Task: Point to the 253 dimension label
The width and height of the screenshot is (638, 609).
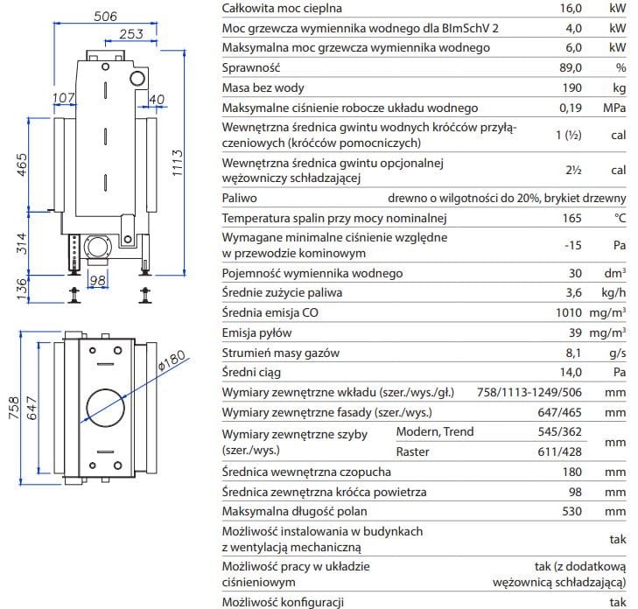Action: coord(130,34)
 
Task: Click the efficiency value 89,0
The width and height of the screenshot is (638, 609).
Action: coord(571,67)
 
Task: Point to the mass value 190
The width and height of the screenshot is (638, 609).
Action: coord(572,87)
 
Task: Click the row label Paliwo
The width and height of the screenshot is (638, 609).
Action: coord(240,199)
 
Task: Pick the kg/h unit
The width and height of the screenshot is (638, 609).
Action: coord(613,292)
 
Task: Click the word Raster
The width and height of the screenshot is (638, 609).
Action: coord(412,452)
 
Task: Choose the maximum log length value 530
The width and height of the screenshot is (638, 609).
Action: coord(572,511)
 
